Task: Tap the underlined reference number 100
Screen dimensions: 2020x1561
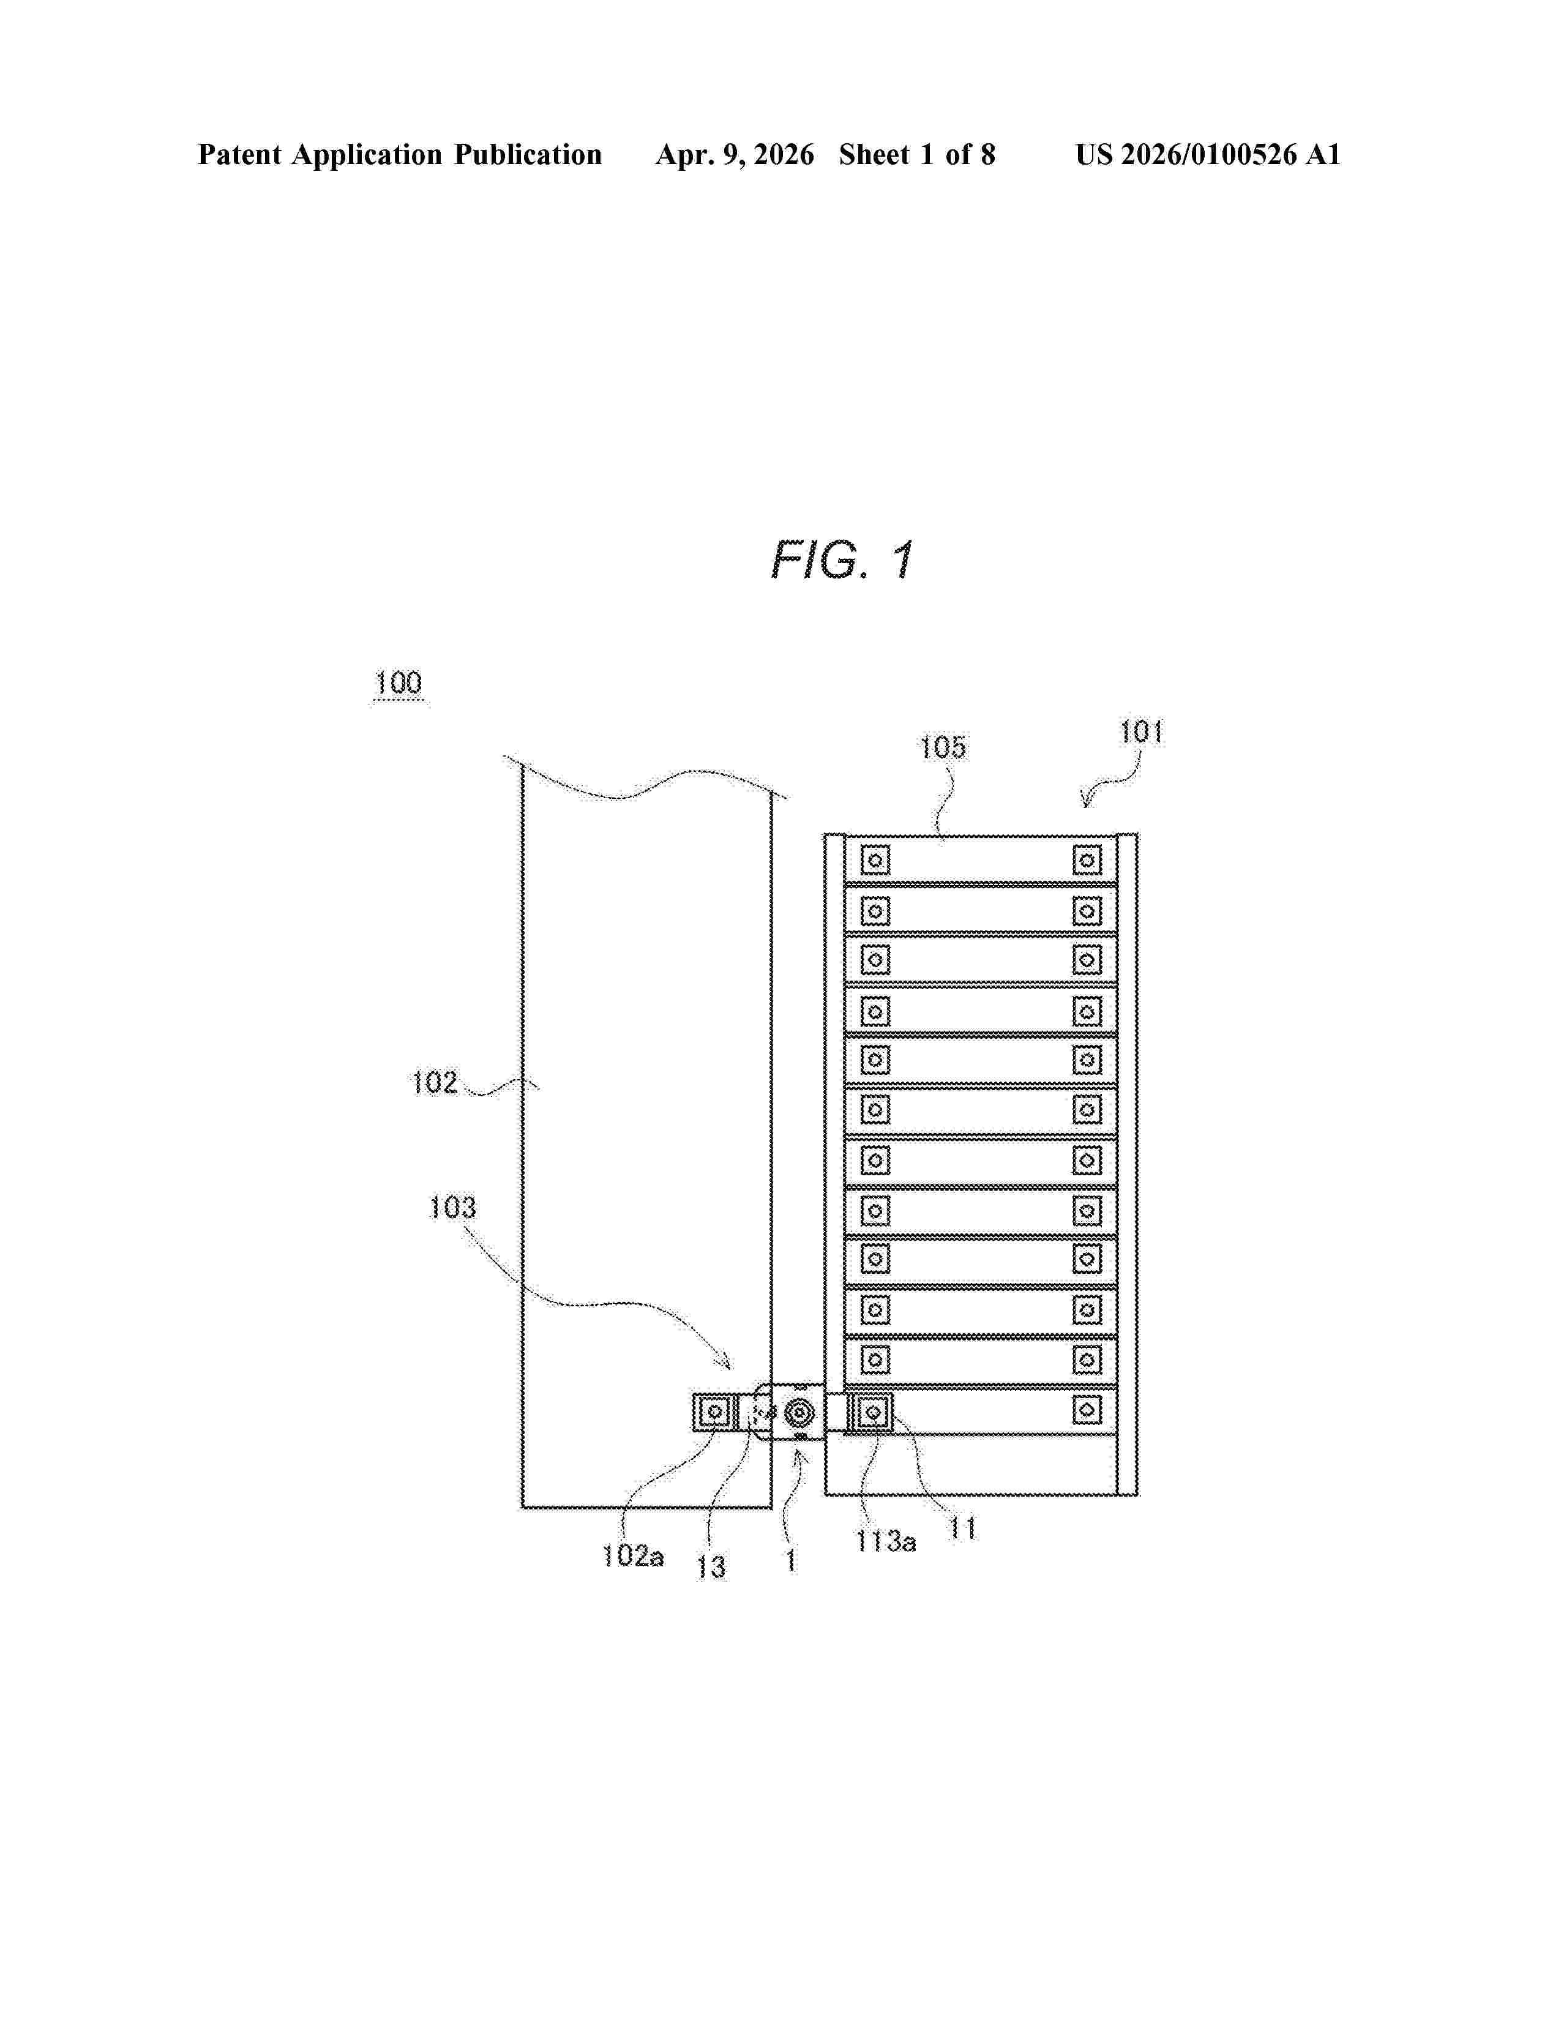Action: click(x=399, y=684)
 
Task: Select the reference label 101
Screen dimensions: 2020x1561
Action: click(x=1141, y=733)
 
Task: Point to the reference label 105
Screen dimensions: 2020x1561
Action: click(x=942, y=747)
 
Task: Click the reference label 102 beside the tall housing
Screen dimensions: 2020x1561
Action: click(x=435, y=1082)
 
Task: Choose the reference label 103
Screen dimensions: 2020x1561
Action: click(x=452, y=1207)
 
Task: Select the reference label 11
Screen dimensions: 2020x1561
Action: click(x=963, y=1529)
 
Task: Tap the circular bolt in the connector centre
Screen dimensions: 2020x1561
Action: click(x=798, y=1413)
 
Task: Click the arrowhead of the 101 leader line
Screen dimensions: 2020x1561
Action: click(x=1088, y=803)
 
